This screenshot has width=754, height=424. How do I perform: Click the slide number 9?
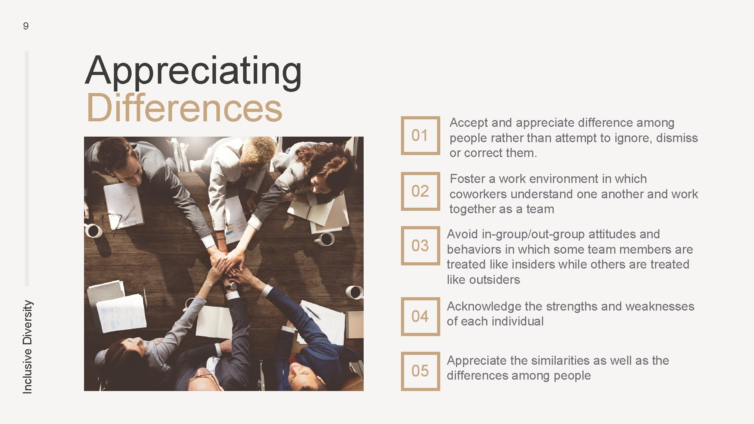coord(26,26)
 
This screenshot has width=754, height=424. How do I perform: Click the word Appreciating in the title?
coord(193,71)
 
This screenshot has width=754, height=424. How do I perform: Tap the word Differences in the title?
coord(184,108)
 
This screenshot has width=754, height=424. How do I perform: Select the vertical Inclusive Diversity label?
coord(27,347)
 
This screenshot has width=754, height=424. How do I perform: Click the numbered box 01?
coord(420,135)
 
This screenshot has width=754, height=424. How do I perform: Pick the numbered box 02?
coord(420,191)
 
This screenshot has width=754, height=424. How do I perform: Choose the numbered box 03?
coord(420,246)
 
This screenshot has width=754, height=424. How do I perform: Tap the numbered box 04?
coord(420,316)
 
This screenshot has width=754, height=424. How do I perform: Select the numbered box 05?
coord(420,371)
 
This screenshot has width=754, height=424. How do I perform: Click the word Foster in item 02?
coord(467,179)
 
